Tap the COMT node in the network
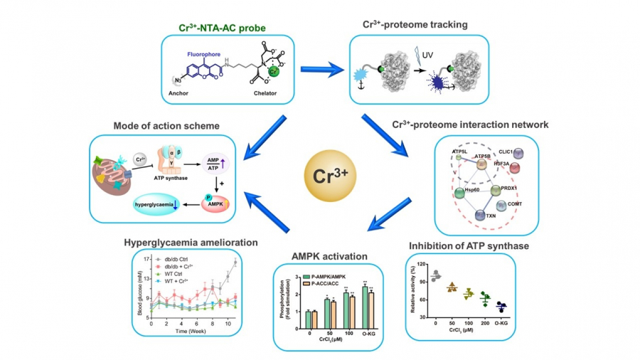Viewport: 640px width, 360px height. (x=516, y=204)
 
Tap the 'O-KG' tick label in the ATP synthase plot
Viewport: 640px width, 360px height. (x=503, y=323)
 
